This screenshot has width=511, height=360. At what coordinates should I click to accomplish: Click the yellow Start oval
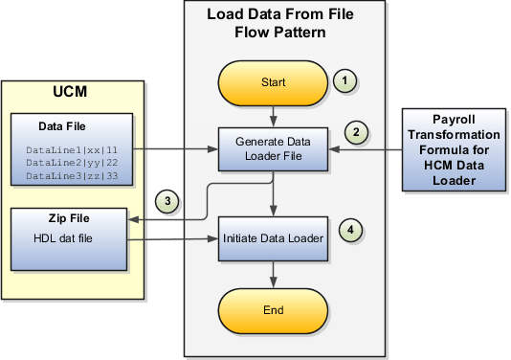coord(274,83)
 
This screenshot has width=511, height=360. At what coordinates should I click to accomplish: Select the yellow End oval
coord(274,308)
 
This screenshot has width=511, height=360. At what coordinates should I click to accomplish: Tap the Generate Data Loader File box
coord(274,148)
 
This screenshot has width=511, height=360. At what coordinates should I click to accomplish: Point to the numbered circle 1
coord(344,81)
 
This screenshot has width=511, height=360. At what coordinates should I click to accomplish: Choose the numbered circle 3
coord(167,200)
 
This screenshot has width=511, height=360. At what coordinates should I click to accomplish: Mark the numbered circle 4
coord(352,230)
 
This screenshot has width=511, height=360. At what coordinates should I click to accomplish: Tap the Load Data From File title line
coord(273,15)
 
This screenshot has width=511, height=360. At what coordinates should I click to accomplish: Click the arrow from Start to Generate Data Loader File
coord(274,114)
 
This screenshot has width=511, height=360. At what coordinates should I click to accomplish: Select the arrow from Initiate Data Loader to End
coord(274,273)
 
